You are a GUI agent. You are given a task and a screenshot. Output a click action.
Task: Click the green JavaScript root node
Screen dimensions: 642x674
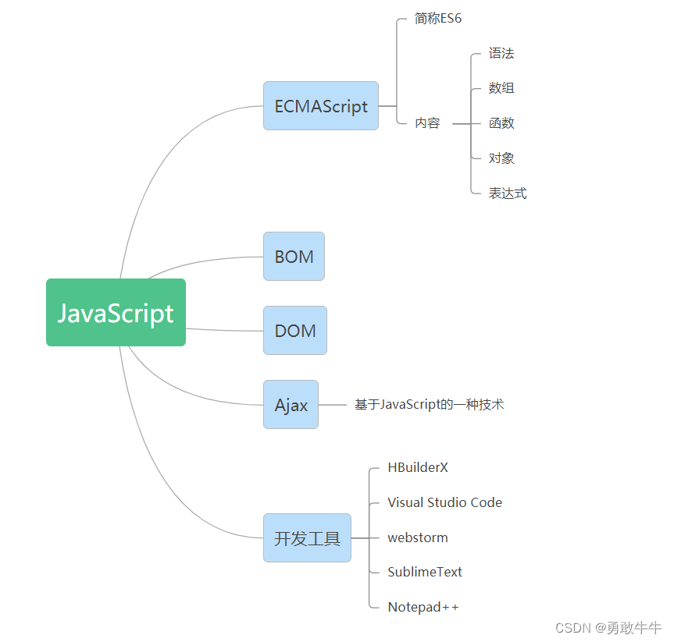[116, 312]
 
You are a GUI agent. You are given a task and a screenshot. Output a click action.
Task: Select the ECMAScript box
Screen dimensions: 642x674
[320, 106]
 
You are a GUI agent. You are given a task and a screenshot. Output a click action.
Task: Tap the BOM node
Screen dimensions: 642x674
[294, 257]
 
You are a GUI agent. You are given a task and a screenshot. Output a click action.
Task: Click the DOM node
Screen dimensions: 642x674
[295, 331]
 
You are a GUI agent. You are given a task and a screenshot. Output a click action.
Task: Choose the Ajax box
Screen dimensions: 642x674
[291, 405]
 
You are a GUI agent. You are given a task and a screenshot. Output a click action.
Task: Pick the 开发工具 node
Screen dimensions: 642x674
[307, 538]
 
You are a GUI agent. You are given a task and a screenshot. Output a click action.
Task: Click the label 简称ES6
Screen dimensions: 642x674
[438, 19]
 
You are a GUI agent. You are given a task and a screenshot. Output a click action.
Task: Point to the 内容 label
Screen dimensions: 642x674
[427, 123]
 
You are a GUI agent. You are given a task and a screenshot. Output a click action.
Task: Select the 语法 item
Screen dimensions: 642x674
[501, 54]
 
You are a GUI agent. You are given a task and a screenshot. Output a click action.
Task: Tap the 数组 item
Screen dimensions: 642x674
[501, 88]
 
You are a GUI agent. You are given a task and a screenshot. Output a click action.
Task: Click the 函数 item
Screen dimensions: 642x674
[501, 123]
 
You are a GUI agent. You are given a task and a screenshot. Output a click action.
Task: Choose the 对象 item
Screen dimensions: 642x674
[501, 158]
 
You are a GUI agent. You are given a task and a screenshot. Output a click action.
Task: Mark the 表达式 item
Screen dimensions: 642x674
[508, 193]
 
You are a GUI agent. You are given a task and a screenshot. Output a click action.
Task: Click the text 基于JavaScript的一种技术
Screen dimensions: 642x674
[429, 405]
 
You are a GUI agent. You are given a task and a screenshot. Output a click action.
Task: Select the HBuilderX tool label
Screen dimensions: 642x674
[418, 468]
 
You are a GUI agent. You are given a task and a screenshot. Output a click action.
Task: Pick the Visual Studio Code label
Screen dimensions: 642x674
[444, 503]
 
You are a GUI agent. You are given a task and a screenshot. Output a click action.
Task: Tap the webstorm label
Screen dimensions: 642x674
[418, 537]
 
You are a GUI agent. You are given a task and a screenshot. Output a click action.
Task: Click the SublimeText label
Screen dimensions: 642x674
[425, 572]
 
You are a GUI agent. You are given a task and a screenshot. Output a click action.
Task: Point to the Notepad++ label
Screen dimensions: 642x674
[423, 607]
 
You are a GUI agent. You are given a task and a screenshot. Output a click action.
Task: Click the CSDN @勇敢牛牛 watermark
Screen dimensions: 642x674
[608, 628]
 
